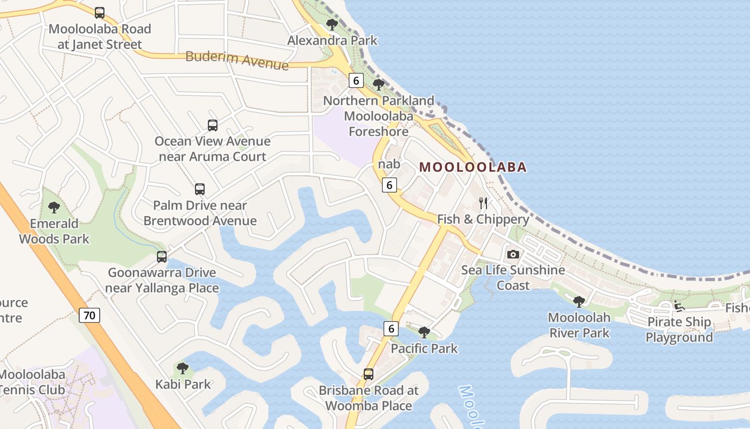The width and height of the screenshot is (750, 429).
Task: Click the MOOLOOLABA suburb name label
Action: [472, 167]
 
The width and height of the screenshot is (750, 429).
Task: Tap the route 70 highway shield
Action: [89, 315]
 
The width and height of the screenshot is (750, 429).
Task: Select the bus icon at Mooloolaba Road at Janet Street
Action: [100, 13]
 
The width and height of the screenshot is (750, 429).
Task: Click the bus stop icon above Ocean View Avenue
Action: [213, 125]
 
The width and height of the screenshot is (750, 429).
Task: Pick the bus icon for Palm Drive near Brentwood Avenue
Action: [200, 189]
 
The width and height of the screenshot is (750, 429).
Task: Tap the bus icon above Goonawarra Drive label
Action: [162, 257]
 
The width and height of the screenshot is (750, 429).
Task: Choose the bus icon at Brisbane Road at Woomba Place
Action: [369, 374]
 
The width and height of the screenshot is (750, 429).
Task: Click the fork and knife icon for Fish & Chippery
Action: [483, 203]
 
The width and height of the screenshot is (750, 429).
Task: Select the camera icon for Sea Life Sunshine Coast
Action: [513, 254]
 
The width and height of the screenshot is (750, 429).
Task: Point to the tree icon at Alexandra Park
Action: [332, 24]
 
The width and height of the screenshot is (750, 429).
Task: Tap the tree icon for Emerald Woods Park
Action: [54, 207]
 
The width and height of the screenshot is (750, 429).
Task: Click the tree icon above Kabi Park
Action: [183, 368]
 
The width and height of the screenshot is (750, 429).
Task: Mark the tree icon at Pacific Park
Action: [424, 332]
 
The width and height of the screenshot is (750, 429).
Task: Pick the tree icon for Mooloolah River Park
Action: [579, 301]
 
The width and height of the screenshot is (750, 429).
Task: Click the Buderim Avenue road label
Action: [237, 60]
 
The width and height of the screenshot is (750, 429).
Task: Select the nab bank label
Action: [389, 164]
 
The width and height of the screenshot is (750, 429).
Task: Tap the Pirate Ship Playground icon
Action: [679, 307]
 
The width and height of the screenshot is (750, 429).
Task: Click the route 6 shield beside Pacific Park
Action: [391, 329]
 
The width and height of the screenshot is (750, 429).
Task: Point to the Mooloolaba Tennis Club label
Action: [32, 382]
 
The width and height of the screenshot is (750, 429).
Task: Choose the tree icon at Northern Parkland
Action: [379, 84]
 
